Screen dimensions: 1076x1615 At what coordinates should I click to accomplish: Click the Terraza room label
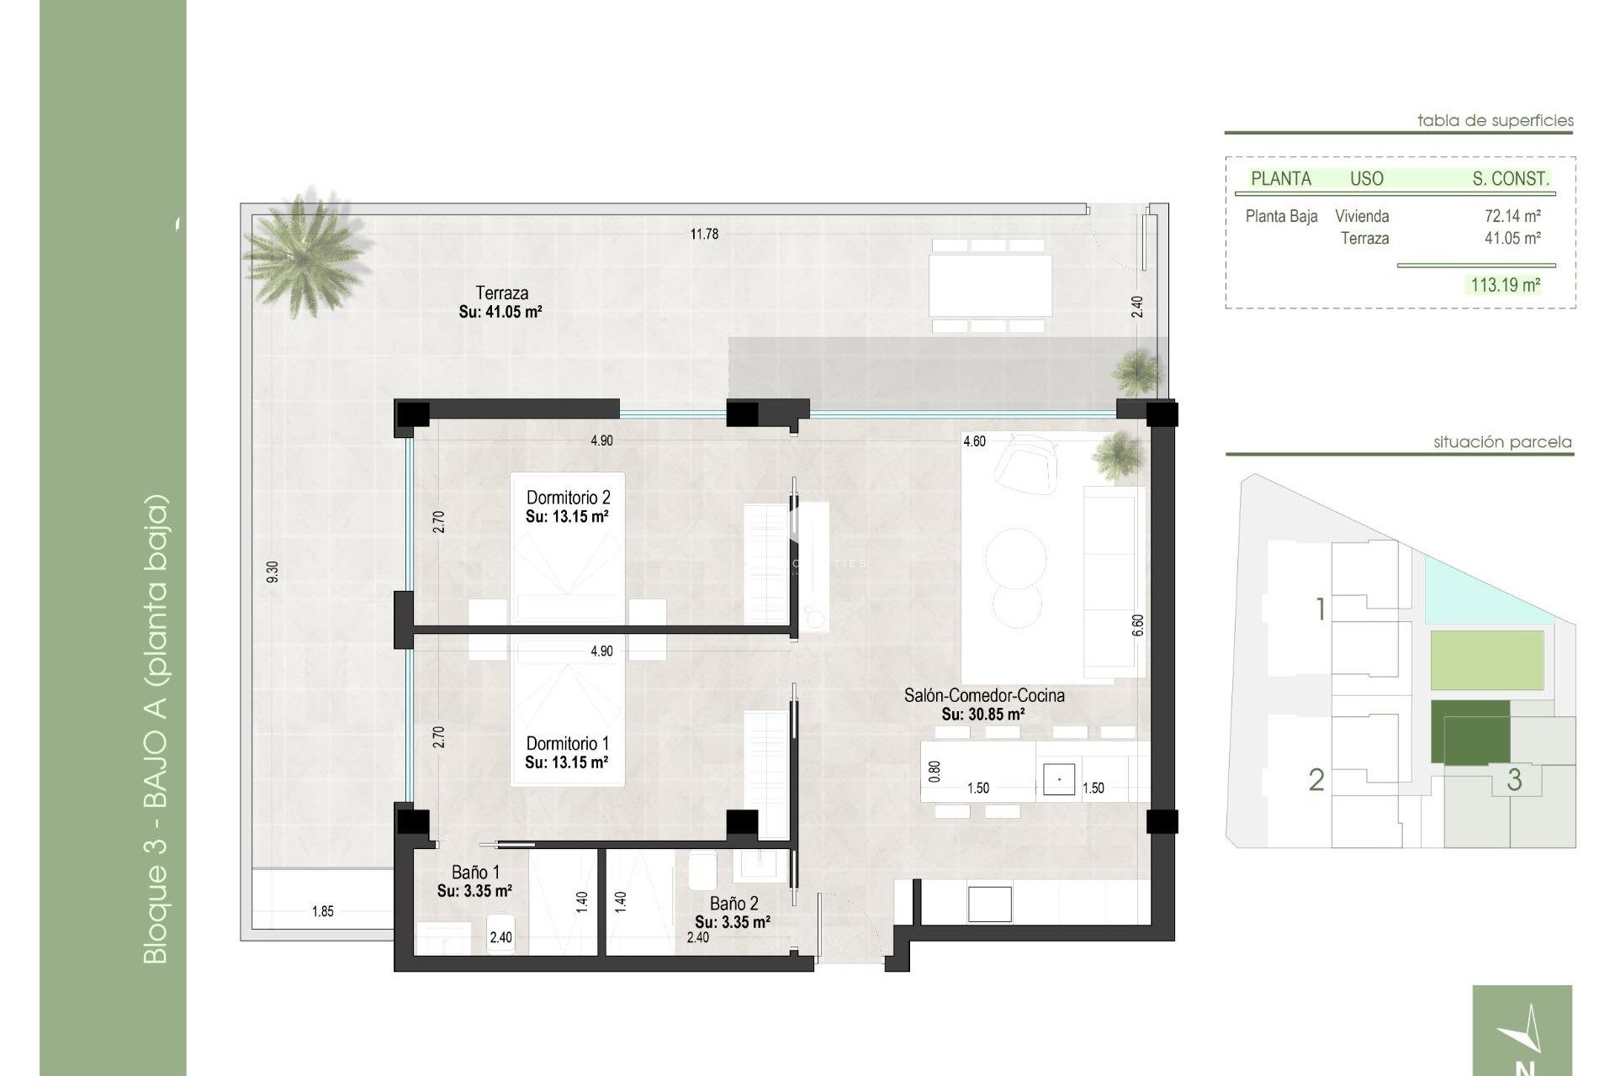[x=501, y=293]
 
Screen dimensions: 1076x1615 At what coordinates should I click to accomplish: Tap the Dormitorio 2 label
[x=568, y=498]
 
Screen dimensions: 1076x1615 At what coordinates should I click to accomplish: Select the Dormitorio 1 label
[x=567, y=743]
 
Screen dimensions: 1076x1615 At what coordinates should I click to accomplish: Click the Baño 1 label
[x=475, y=872]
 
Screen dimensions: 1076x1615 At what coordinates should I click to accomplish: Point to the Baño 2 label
[x=733, y=904]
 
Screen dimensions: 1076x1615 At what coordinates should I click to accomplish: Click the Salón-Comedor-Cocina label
[x=983, y=695]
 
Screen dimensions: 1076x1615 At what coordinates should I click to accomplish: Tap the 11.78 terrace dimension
[x=704, y=234]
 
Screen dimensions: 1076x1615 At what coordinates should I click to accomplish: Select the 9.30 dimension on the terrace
[x=272, y=572]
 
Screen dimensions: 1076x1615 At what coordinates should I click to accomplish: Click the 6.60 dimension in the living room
[x=1138, y=625]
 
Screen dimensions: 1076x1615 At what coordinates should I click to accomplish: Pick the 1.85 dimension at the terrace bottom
[x=323, y=911]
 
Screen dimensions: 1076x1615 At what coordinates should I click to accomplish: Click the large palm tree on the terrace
[x=304, y=252]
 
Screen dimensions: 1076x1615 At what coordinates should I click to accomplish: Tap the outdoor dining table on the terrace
[x=990, y=284]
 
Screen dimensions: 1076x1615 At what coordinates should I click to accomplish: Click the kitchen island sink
[x=1058, y=779]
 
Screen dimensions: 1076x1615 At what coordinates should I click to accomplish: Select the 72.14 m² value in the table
[x=1512, y=216]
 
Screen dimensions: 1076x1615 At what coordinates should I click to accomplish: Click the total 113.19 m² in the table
[x=1505, y=285]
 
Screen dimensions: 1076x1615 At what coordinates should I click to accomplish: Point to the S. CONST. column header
[x=1510, y=178]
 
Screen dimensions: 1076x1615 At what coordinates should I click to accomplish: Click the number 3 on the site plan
[x=1514, y=779]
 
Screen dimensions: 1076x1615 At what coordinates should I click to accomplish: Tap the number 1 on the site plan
[x=1321, y=609]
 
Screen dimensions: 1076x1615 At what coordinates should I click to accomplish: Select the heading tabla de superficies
[x=1495, y=120]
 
